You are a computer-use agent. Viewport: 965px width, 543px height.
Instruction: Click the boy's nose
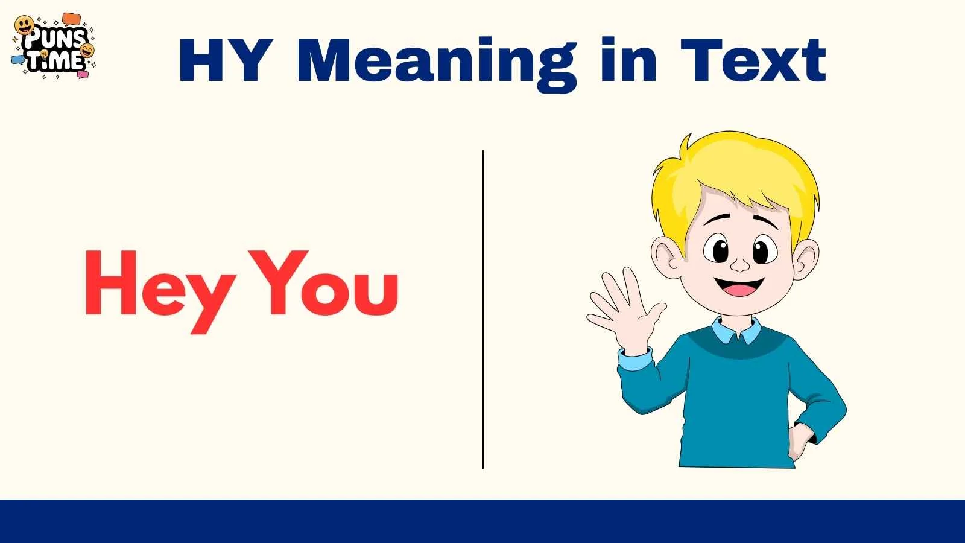click(740, 264)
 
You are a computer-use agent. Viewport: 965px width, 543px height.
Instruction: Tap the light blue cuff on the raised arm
click(635, 360)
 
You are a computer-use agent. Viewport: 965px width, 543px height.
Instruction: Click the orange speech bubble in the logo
click(71, 19)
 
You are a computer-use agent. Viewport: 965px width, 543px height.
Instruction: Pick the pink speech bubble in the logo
click(83, 75)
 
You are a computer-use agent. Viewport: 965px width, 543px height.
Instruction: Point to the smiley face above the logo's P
click(24, 25)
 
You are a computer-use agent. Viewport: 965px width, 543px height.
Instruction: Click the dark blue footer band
click(482, 521)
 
